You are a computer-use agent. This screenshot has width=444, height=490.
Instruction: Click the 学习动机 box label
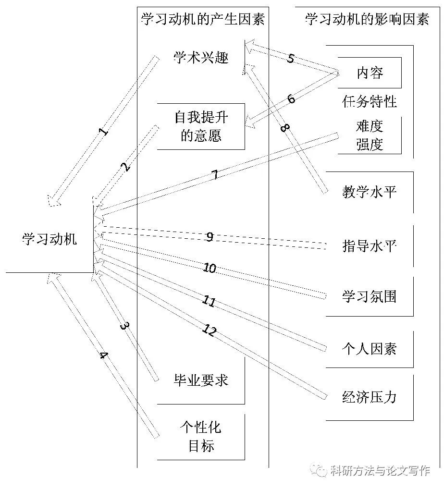49,239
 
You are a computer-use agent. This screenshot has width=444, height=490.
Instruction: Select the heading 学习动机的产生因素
202,19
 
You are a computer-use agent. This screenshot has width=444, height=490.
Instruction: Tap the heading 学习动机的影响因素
367,19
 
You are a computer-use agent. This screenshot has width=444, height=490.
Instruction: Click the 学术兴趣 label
201,59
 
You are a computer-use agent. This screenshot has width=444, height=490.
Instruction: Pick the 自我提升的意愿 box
201,126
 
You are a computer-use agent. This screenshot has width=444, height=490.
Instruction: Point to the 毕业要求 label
201,380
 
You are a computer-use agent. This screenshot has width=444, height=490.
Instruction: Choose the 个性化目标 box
201,436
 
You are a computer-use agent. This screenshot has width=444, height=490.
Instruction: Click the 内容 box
370,73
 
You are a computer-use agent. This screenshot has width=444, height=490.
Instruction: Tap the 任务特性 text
370,102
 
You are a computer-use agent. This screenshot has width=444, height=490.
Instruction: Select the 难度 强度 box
370,136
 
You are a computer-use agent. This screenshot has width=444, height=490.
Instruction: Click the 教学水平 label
370,193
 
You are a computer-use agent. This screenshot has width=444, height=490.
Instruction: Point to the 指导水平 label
370,246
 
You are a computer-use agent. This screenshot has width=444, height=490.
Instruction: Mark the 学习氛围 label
370,296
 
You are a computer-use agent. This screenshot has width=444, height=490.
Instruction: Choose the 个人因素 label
370,348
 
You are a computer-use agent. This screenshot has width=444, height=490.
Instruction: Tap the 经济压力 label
370,397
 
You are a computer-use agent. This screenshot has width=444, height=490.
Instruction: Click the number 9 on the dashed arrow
210,237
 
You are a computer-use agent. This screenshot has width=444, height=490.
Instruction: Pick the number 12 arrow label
210,331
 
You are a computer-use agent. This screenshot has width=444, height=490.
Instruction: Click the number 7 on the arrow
215,175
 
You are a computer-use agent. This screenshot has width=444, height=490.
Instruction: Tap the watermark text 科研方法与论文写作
380,471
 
